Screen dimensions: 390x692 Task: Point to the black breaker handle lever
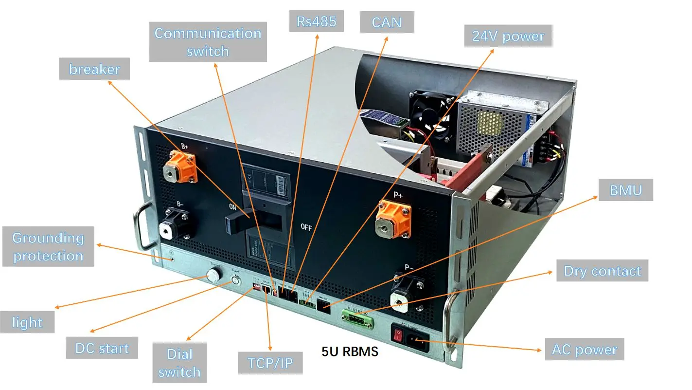tap(237, 221)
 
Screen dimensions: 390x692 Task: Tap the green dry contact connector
tap(357, 319)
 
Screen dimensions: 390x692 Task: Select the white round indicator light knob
tap(213, 276)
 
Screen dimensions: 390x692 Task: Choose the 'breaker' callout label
tap(94, 69)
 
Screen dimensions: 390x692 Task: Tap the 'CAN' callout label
tap(386, 22)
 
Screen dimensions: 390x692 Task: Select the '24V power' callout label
tap(508, 37)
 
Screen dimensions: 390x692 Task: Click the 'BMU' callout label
tap(625, 190)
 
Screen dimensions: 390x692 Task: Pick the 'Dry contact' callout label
tap(602, 271)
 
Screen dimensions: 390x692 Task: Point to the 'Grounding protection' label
tap(48, 247)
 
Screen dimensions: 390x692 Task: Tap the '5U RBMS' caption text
tap(350, 352)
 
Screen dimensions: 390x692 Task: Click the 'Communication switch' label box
tap(208, 42)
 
